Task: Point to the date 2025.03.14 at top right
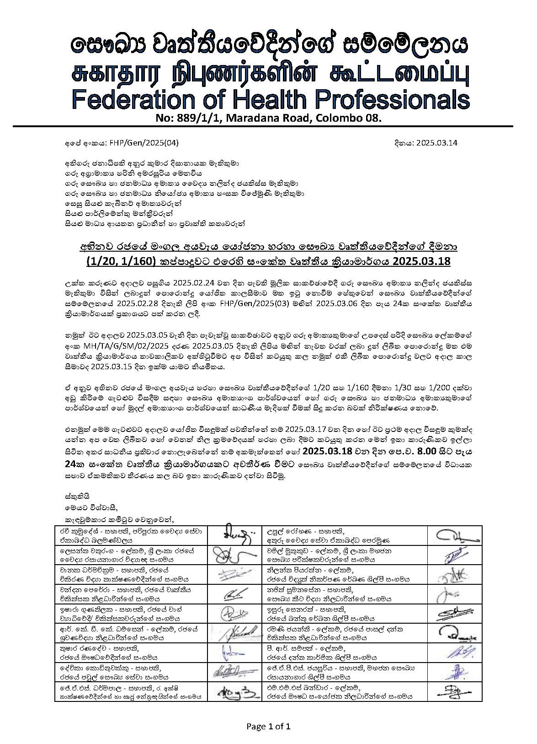point(437,142)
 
